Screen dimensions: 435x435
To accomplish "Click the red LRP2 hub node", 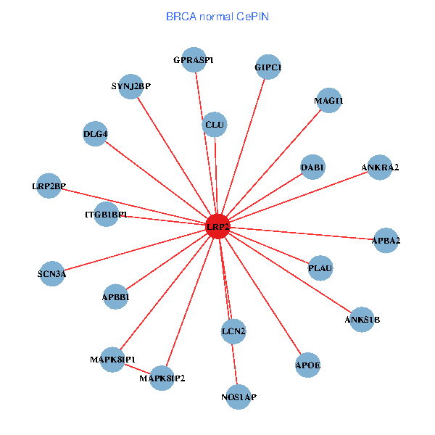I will pos(217,226).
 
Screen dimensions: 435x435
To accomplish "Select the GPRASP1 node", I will pos(194,60).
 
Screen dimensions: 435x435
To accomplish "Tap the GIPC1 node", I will pos(268,67).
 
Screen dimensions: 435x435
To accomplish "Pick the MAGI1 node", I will pos(328,101).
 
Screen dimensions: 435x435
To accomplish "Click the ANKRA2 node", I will pos(380,167).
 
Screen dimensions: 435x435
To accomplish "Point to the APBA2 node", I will pos(386,240).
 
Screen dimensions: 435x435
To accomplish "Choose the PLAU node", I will pos(320,268).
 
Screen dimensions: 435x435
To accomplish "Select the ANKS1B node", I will pos(362,319).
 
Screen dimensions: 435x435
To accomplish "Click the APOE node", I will pos(308,364).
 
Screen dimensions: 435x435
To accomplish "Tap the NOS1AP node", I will pos(238,397).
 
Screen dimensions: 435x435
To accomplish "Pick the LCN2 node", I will pos(233,331).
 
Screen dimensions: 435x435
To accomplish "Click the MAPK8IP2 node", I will pos(162,378).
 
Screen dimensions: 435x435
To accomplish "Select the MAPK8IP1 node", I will pos(112,360).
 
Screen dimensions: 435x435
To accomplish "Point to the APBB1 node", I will pos(116,297).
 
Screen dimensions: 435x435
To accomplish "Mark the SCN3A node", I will pos(52,273).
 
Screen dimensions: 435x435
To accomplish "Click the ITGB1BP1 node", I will pos(107,215).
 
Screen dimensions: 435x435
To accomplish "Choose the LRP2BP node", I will pos(49,186).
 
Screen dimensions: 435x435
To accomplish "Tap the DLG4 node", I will pos(96,134).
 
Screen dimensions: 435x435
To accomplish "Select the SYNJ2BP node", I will pos(130,87).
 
